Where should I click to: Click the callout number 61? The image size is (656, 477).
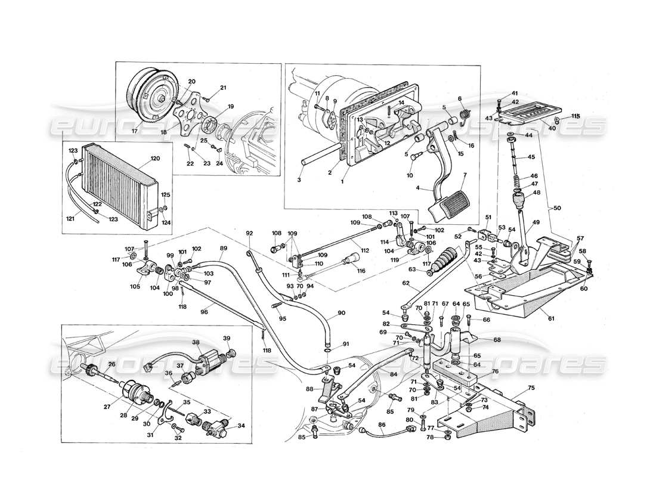(550, 318)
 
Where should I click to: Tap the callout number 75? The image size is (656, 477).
(531, 387)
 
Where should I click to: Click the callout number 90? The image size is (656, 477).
(341, 313)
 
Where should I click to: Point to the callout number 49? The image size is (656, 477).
(536, 222)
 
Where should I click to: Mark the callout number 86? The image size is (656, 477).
(381, 425)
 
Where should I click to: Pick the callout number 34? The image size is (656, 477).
(240, 426)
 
